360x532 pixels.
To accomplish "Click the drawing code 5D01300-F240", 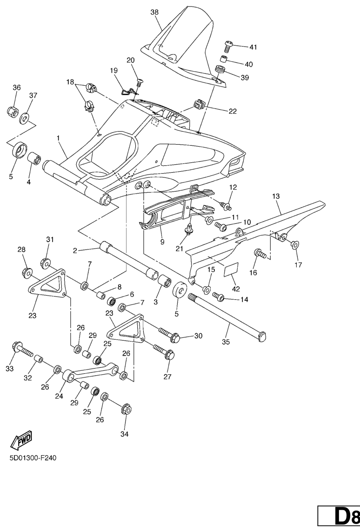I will click(33, 458).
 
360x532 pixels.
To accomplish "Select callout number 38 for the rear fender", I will click(154, 13).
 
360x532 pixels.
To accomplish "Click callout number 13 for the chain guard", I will click(276, 197).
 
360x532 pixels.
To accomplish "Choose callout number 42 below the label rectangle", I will click(236, 289).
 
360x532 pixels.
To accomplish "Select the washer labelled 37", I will click(25, 114).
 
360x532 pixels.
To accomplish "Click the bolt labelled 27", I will click(169, 355).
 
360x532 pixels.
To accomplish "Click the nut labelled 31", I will click(46, 263).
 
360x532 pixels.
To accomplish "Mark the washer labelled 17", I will click(294, 244).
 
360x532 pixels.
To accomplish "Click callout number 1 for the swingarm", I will click(59, 138).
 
